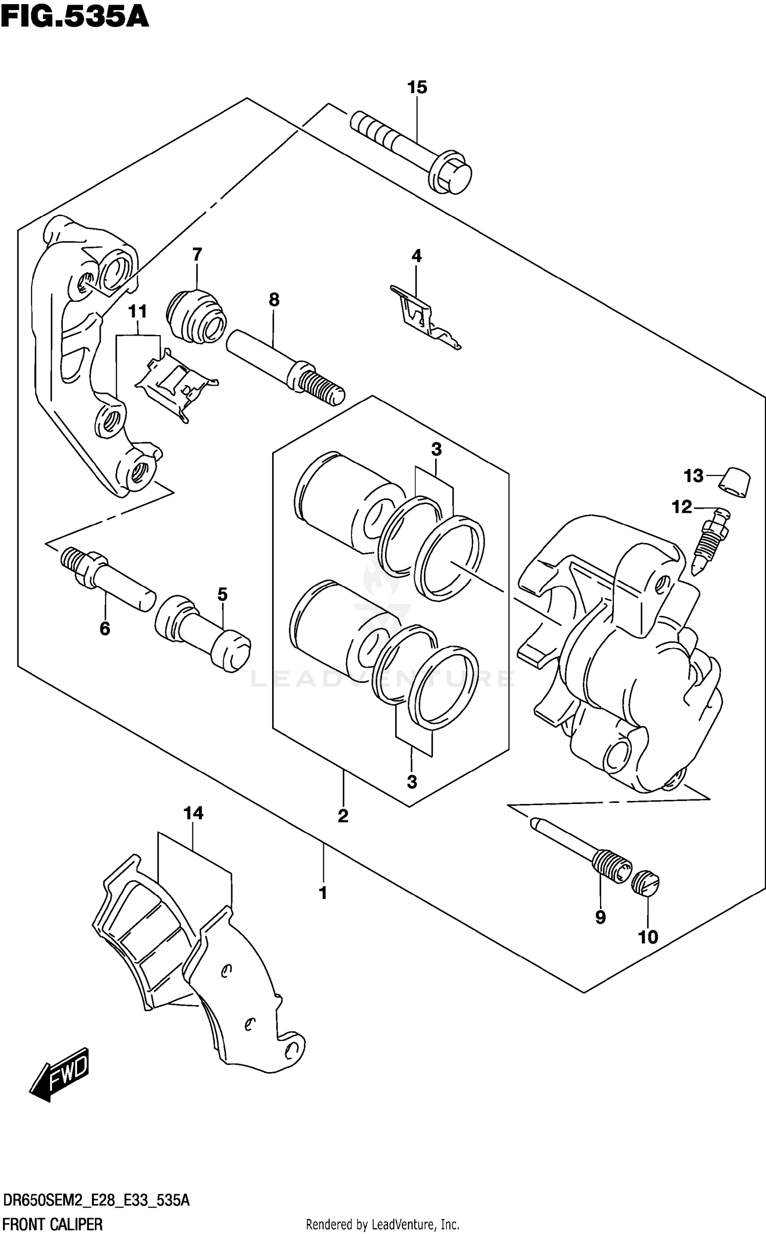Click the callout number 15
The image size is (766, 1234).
pyautogui.click(x=417, y=87)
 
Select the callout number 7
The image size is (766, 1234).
pyautogui.click(x=197, y=254)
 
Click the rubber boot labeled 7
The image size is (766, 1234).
pyautogui.click(x=196, y=317)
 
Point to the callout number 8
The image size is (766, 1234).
pyautogui.click(x=274, y=300)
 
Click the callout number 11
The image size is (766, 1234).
pyautogui.click(x=137, y=311)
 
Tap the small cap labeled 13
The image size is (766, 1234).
pyautogui.click(x=735, y=482)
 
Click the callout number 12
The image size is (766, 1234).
pyautogui.click(x=681, y=507)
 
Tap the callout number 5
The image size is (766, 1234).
pyautogui.click(x=222, y=595)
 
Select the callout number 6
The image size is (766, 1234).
pyautogui.click(x=105, y=629)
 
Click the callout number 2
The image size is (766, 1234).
pyautogui.click(x=343, y=816)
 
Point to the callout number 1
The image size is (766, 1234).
pyautogui.click(x=323, y=893)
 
